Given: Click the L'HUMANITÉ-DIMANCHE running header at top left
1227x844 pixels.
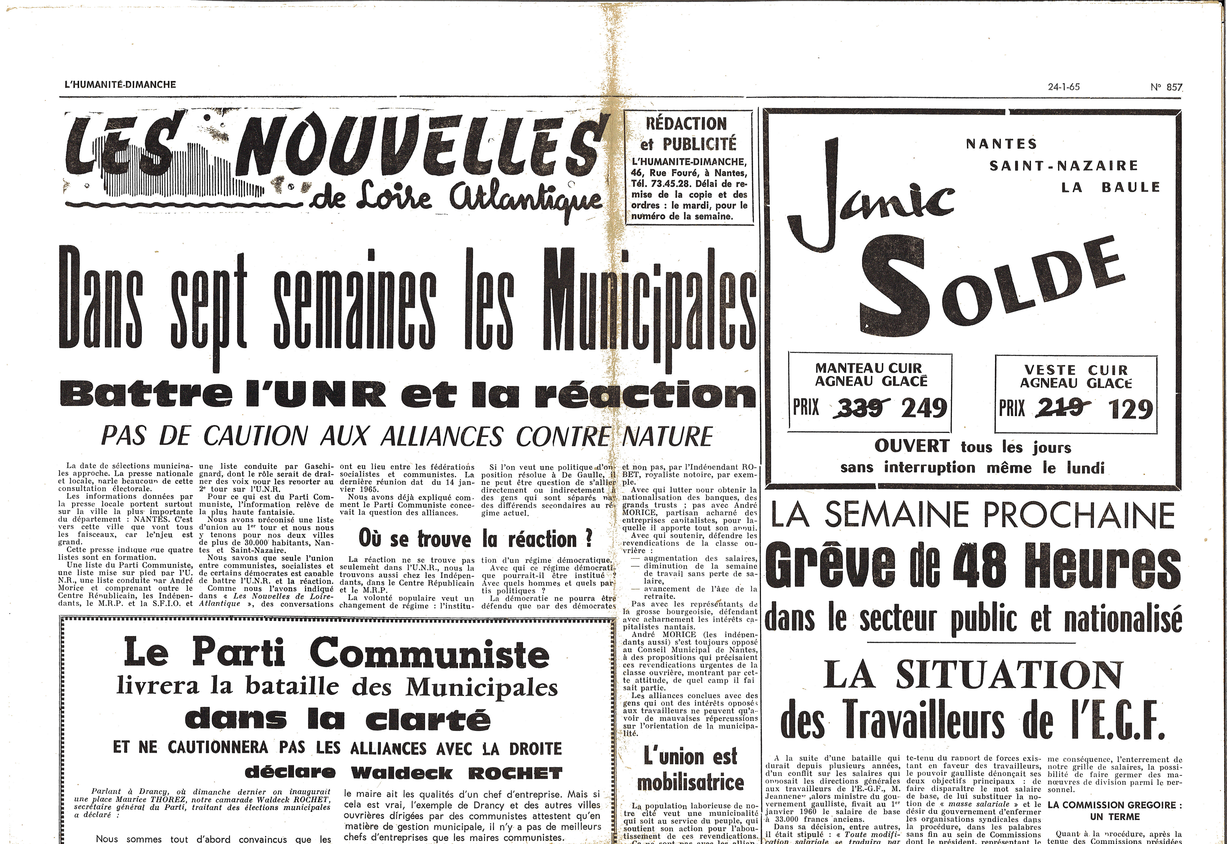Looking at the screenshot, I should point(120,85).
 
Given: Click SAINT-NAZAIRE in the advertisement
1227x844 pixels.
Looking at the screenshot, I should point(1063,166).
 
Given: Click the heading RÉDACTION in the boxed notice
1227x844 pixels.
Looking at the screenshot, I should point(686,124).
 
